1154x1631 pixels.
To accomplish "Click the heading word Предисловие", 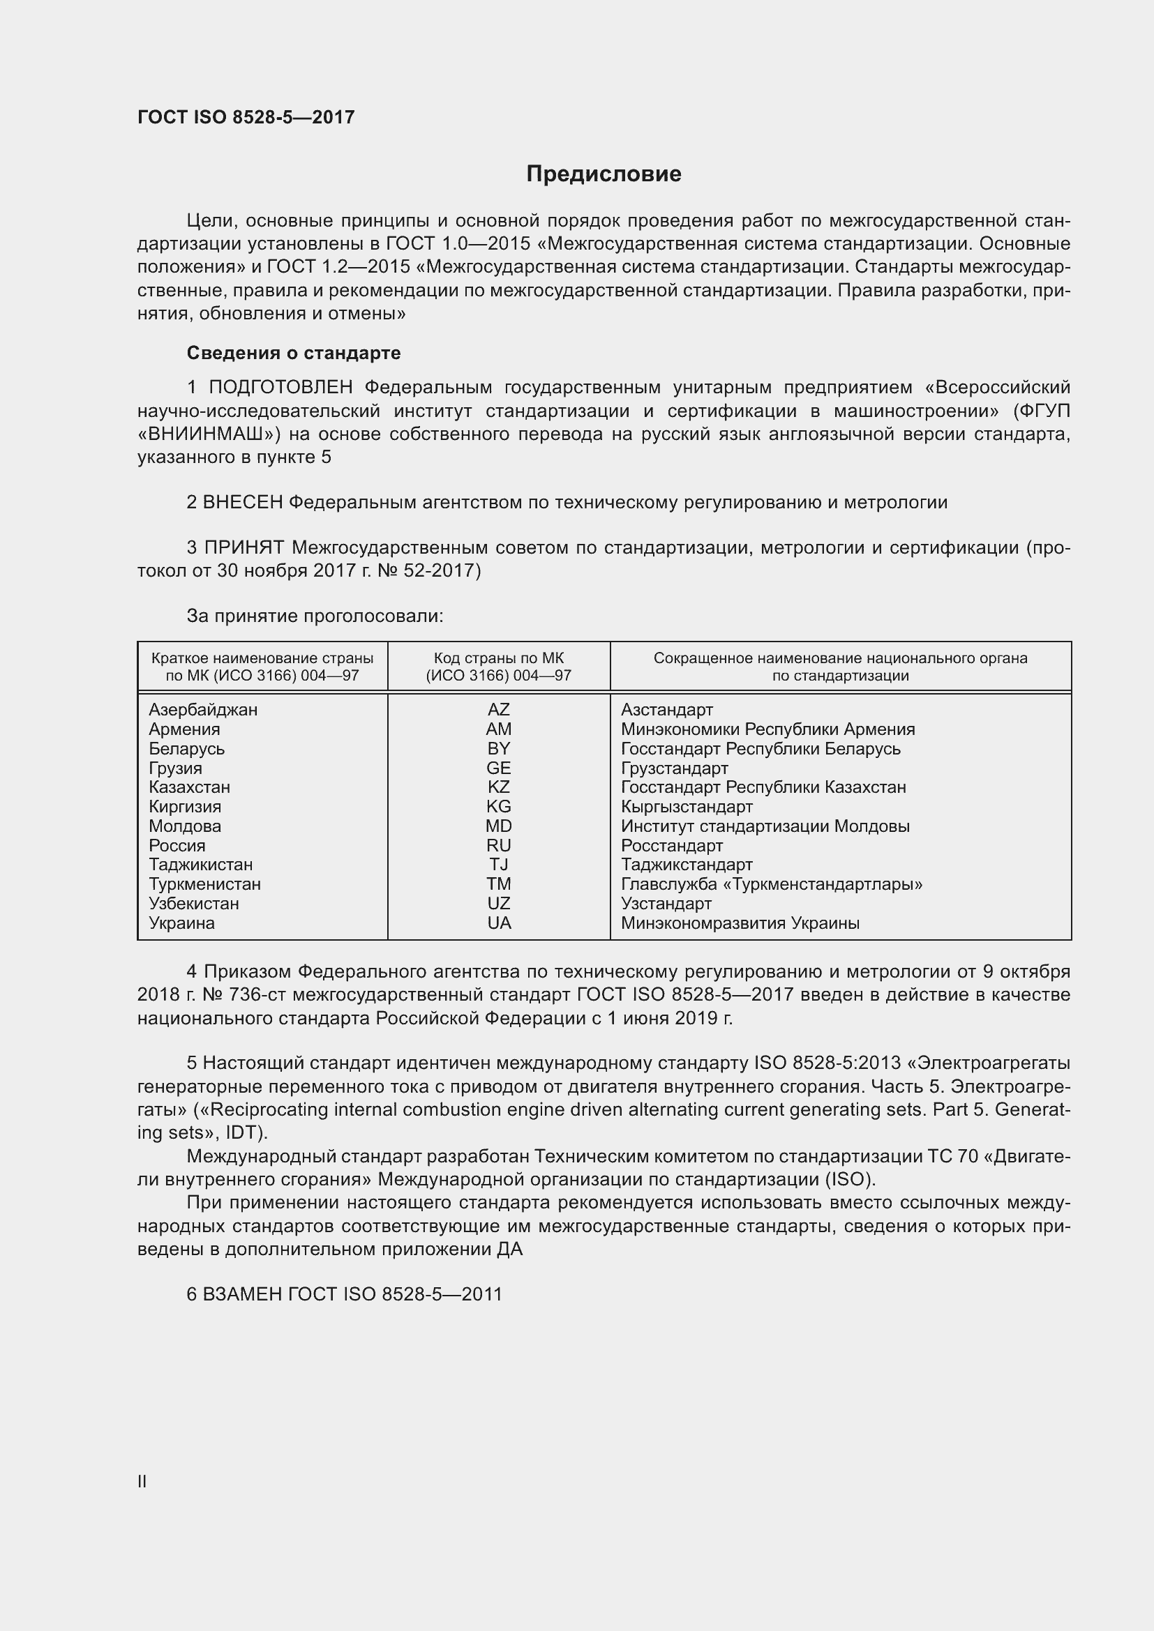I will [604, 174].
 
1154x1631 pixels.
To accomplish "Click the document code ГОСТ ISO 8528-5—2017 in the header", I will [246, 117].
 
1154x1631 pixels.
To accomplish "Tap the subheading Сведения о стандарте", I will [294, 353].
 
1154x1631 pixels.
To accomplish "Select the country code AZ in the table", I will [498, 710].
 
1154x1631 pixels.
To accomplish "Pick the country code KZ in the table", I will [498, 787].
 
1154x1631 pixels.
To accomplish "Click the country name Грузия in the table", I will [176, 768].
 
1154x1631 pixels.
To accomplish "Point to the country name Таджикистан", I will [200, 865].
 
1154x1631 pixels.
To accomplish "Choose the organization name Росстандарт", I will [671, 845].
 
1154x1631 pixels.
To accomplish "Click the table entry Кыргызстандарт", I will [687, 807].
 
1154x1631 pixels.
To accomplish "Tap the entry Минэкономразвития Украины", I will [740, 923].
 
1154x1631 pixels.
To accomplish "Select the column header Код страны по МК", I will [498, 658].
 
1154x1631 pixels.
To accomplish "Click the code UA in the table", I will [499, 923].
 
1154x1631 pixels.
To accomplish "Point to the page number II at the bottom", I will [142, 1481].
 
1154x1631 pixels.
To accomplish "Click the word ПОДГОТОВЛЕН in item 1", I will [280, 387].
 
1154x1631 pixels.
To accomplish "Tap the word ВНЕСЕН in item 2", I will [243, 502].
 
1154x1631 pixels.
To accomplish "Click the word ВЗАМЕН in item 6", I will [242, 1294].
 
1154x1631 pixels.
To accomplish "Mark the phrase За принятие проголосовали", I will [315, 616].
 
